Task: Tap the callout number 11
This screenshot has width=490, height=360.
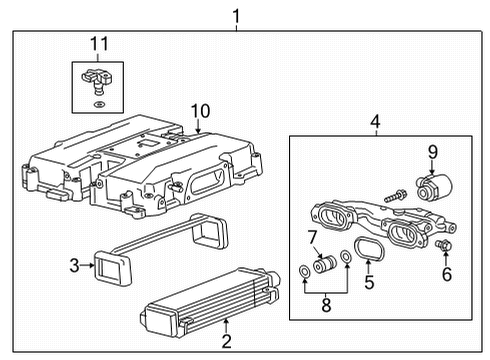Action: pyautogui.click(x=98, y=44)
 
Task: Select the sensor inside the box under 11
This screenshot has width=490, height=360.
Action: pyautogui.click(x=97, y=77)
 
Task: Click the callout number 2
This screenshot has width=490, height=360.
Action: pyautogui.click(x=226, y=325)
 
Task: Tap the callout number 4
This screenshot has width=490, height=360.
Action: pyautogui.click(x=374, y=123)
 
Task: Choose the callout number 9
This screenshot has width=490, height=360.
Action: pyautogui.click(x=433, y=152)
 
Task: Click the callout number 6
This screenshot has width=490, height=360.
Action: pyautogui.click(x=446, y=273)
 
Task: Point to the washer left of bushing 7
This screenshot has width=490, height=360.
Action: pyautogui.click(x=303, y=272)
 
